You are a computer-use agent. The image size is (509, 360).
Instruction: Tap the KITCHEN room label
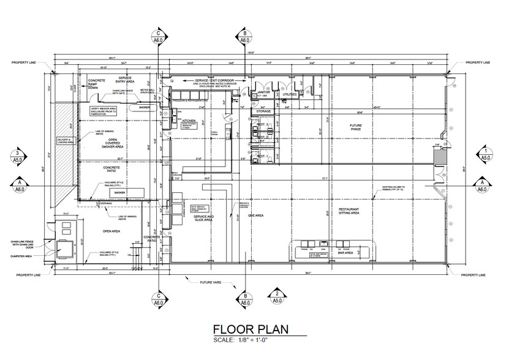coord(188,122)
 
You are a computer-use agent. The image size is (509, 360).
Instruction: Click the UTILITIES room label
coord(290,95)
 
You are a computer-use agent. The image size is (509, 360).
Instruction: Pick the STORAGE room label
coord(265,111)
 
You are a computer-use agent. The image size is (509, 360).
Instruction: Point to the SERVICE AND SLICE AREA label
coord(203,219)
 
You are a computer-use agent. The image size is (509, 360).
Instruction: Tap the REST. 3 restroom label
coord(263,124)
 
